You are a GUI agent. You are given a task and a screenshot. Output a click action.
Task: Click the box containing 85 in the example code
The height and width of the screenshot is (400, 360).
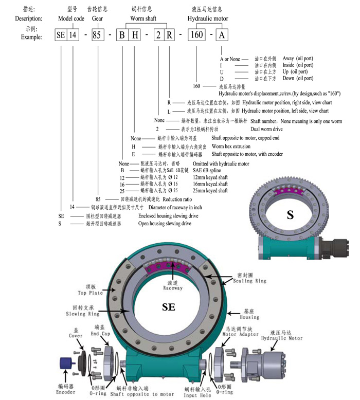point(96,36)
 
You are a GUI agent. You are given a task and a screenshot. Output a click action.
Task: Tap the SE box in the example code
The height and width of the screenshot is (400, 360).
point(61,36)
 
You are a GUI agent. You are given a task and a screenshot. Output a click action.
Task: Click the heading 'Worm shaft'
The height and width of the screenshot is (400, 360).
point(143,19)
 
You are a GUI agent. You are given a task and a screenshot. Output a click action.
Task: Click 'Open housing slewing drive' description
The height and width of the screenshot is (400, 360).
point(165,224)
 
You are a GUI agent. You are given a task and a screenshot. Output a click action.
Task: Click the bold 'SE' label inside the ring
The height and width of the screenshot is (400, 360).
point(168,307)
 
